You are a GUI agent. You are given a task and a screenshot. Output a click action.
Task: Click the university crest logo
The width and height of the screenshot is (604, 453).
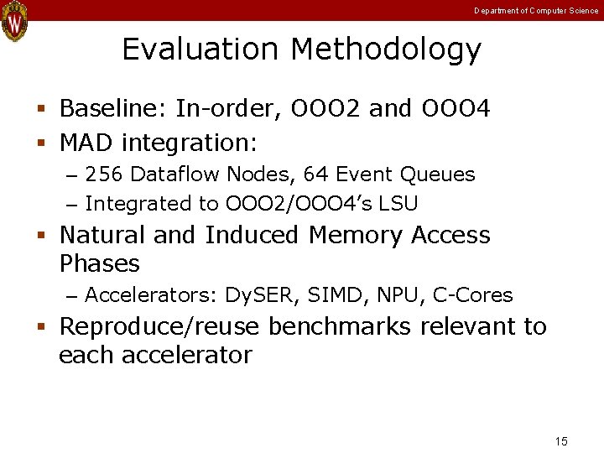pos(14,21)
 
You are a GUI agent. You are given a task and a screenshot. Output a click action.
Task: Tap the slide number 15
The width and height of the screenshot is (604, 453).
pos(561,441)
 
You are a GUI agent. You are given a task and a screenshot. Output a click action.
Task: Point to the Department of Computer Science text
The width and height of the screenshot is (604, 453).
pos(536,10)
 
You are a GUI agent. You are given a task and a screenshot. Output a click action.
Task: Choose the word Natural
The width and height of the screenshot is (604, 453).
pos(102,235)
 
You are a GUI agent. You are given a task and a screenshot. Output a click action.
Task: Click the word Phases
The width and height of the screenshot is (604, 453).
pos(99,263)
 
